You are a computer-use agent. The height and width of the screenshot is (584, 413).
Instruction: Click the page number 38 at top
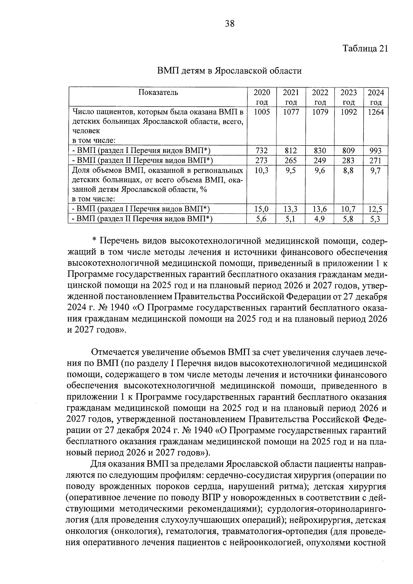pos(230,23)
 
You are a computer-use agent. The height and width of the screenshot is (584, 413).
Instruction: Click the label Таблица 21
pos(365,49)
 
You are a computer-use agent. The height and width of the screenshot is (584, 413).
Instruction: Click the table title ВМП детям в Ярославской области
pos(229,71)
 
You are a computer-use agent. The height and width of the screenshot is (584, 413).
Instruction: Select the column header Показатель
pos(158,92)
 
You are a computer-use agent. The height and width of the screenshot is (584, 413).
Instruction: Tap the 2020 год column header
pos(262,97)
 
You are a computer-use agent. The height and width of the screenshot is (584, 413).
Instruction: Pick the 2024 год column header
pos(375,97)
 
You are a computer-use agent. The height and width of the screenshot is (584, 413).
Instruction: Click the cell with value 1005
pos(262,112)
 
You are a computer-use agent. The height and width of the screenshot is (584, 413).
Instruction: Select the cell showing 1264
pos(375,112)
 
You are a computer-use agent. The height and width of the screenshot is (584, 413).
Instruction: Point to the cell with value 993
pos(375,150)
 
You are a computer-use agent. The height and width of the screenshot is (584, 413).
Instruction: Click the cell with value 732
pos(262,150)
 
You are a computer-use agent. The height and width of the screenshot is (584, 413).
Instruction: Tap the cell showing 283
pos(349,160)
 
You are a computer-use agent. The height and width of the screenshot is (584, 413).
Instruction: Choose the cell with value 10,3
pos(262,170)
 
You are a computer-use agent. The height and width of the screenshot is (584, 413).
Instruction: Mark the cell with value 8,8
pos(349,170)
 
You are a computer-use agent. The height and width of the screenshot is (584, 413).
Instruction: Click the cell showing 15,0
pos(262,209)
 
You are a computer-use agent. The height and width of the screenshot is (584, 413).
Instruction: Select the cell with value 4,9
pos(320,219)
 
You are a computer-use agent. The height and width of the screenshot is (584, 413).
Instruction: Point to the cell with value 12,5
pos(375,209)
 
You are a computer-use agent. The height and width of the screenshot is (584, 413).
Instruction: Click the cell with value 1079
pos(320,112)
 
